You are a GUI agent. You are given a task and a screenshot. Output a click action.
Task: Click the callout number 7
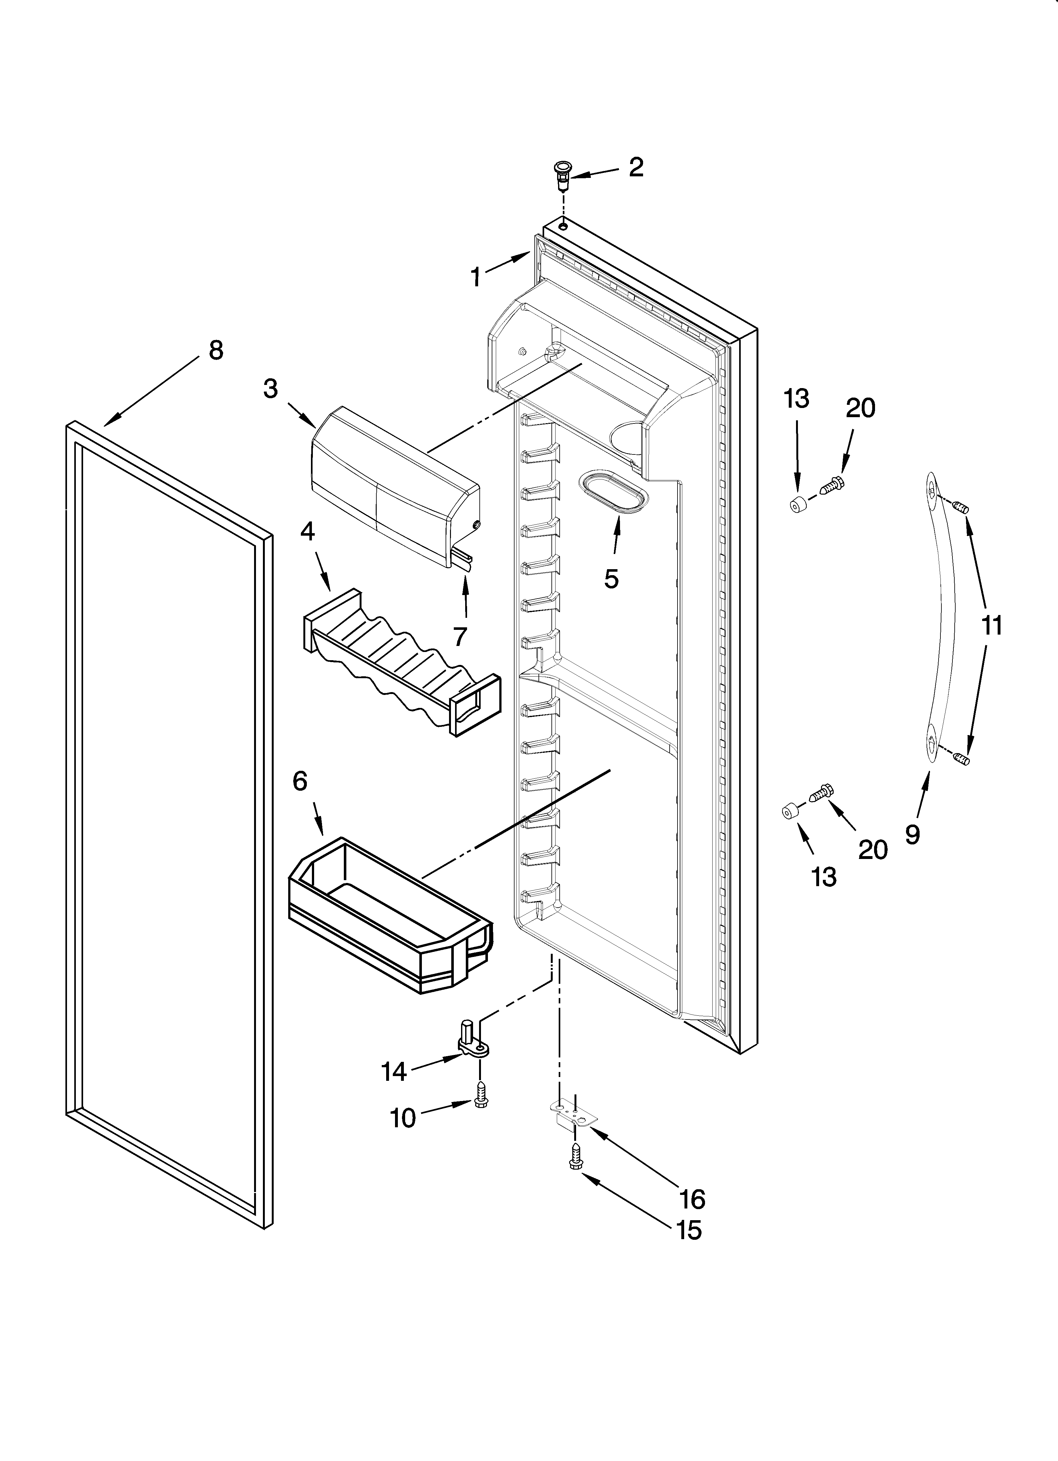point(459,636)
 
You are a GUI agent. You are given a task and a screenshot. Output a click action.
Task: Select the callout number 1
point(476,278)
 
